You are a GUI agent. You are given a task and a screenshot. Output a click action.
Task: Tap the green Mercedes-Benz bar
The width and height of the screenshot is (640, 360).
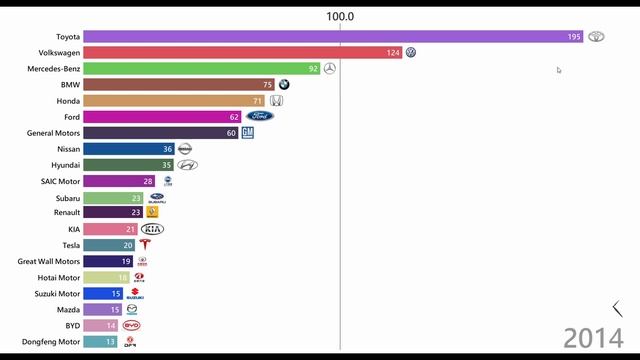click(x=190, y=68)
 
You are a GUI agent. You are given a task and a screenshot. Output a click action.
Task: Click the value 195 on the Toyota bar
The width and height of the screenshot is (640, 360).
click(x=574, y=36)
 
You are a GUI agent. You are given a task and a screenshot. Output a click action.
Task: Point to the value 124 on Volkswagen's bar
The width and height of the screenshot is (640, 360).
click(x=393, y=52)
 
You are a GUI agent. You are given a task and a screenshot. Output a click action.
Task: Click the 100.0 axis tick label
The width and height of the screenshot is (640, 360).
click(x=340, y=16)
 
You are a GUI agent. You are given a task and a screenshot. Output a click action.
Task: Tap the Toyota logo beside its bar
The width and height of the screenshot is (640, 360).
click(x=596, y=36)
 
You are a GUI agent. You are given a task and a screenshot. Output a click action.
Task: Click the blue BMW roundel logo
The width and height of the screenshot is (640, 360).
click(x=284, y=85)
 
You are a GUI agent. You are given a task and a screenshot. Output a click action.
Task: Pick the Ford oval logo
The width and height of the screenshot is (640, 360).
click(x=260, y=117)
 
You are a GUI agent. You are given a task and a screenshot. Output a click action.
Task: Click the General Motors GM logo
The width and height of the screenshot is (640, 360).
click(x=247, y=133)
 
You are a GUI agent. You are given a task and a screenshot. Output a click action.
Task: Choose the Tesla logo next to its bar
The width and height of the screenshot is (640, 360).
click(x=145, y=245)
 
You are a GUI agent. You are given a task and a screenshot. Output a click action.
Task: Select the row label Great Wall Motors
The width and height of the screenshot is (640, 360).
click(x=46, y=261)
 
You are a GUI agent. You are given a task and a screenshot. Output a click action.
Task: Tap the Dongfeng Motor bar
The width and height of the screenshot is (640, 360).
click(x=100, y=341)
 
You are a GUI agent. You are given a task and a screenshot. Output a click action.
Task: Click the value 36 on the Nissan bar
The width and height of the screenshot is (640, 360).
click(x=167, y=149)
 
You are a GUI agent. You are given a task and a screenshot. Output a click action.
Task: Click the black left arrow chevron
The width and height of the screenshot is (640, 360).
click(x=617, y=309)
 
